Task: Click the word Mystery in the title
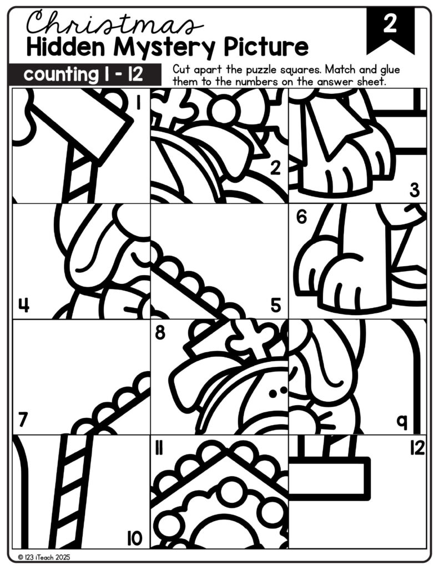(x=166, y=48)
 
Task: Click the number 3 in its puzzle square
(x=415, y=191)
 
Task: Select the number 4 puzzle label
(x=24, y=306)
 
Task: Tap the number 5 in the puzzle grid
(x=276, y=306)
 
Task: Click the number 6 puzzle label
(x=301, y=217)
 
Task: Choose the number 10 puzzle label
(x=134, y=538)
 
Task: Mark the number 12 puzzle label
(x=417, y=448)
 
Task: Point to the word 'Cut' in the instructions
(x=180, y=69)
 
